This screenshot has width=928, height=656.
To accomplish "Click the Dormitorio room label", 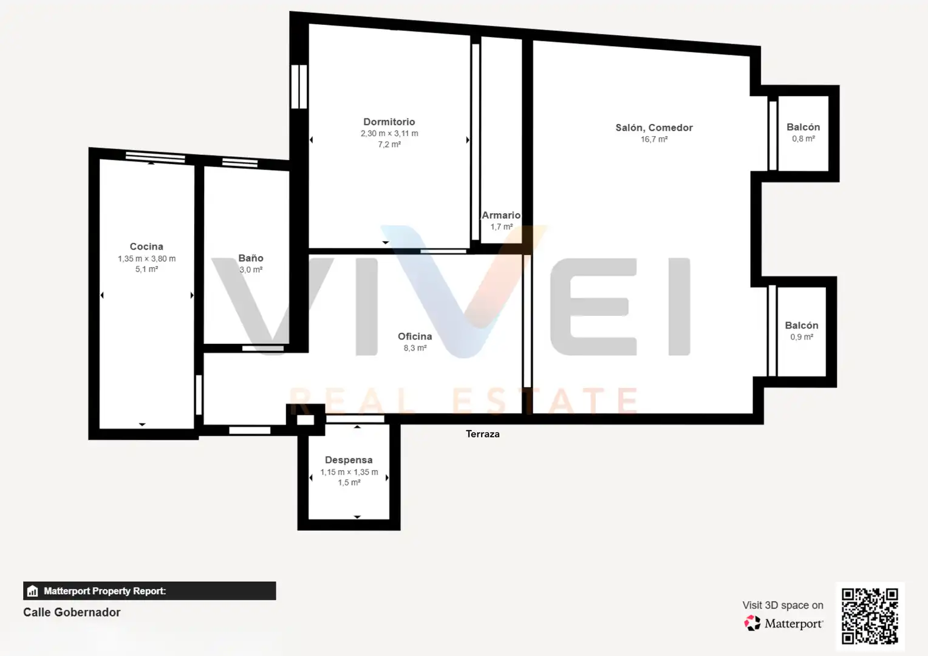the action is click(389, 122).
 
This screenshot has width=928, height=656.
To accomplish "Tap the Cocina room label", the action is click(146, 247).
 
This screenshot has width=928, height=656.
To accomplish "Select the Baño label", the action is click(251, 258).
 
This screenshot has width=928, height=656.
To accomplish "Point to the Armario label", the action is click(501, 215).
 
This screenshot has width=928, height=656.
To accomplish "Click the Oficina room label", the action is click(415, 337).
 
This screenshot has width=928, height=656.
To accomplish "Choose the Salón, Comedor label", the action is click(653, 128).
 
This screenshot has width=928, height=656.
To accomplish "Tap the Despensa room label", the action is click(349, 460).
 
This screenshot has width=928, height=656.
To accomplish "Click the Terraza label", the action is click(483, 434).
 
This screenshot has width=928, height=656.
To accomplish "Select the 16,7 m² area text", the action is click(654, 139).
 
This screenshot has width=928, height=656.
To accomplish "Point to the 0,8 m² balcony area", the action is click(803, 139).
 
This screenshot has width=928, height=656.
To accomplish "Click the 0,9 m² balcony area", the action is click(802, 337).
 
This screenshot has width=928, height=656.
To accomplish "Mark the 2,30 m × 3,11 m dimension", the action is click(389, 134).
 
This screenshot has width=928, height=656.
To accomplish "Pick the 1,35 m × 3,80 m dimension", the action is click(146, 259).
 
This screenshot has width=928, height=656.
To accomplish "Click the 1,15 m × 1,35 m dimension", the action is click(349, 472).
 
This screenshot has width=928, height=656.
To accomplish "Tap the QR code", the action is click(870, 616).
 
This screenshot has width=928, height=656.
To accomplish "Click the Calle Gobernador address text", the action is click(72, 612).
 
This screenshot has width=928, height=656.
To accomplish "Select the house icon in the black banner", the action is click(32, 591).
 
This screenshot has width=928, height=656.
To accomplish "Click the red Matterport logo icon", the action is click(752, 623).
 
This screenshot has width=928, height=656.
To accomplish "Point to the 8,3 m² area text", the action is click(415, 348).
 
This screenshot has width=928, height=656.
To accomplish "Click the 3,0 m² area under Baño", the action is click(251, 270).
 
